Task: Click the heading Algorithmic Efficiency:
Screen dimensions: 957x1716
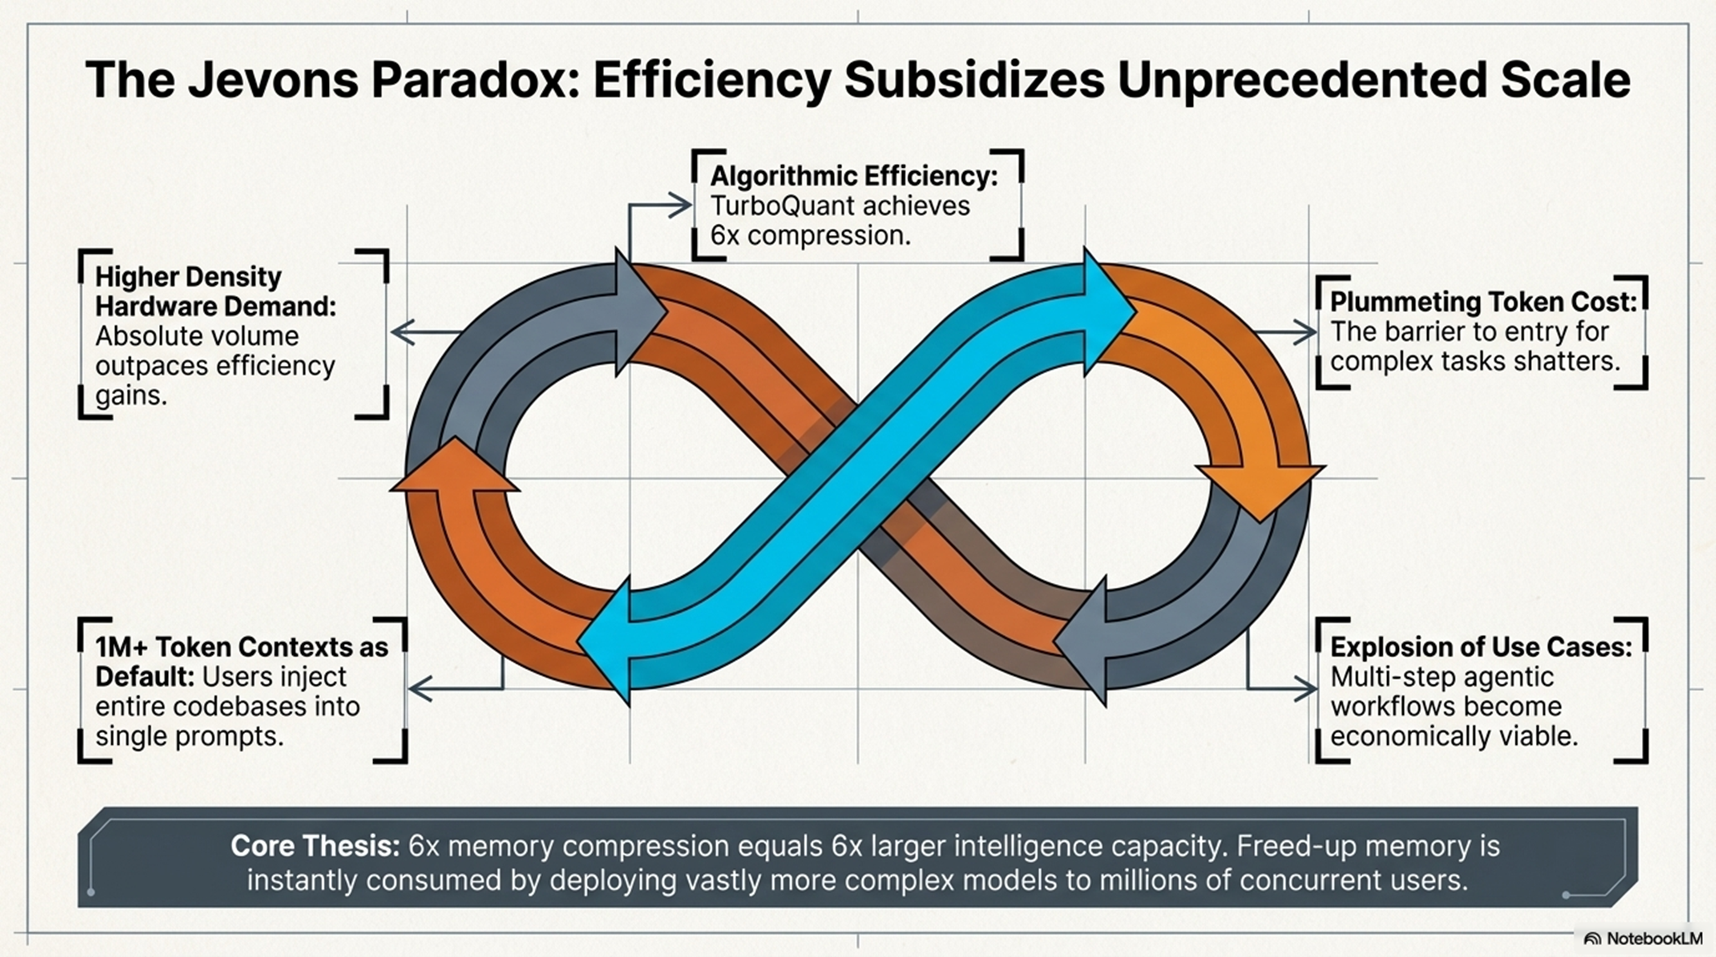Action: pyautogui.click(x=854, y=176)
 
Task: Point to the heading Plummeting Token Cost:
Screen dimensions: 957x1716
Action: pyautogui.click(x=1483, y=302)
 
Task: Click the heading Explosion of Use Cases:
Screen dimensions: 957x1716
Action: pyautogui.click(x=1481, y=646)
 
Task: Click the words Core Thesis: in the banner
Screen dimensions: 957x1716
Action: pyautogui.click(x=315, y=846)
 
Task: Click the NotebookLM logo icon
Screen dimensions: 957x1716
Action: pyautogui.click(x=1592, y=939)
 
